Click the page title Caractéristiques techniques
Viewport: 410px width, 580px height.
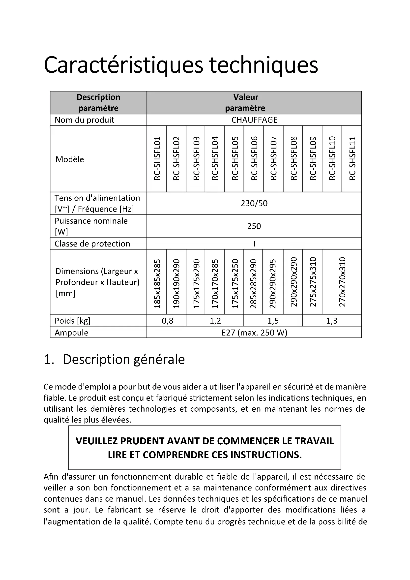[x=181, y=65]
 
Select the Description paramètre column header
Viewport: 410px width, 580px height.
[x=98, y=103]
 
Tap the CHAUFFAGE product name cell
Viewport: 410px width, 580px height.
[x=254, y=120]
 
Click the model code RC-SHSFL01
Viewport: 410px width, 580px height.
[x=157, y=158]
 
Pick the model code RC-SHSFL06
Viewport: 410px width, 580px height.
[x=254, y=158]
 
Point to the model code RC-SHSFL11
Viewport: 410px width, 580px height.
[x=352, y=158]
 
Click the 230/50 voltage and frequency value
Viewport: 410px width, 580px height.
[x=254, y=203]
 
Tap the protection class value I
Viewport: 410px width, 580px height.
[x=255, y=244]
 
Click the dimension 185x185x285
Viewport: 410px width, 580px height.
[x=157, y=284]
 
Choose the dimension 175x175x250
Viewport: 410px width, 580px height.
[x=235, y=284]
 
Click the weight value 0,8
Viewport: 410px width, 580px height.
[x=167, y=321]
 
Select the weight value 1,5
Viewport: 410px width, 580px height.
[x=273, y=321]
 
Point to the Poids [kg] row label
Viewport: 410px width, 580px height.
[x=72, y=321]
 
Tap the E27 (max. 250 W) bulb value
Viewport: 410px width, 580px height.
[x=254, y=333]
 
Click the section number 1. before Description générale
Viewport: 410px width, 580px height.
[x=49, y=360]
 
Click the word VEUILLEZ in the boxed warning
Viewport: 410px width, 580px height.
[x=96, y=441]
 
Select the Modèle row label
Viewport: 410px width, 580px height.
[x=70, y=159]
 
